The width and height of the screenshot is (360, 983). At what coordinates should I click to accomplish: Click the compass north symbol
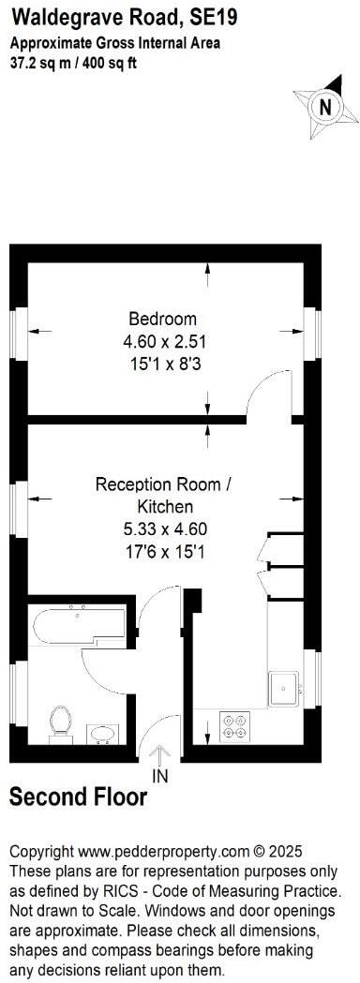325,107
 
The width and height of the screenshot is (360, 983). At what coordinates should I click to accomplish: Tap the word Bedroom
163,318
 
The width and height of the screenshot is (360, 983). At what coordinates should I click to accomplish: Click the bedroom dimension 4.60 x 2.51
163,340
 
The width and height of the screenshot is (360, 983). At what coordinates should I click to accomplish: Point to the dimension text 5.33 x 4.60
162,529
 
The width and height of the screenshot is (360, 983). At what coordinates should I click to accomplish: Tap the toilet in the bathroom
61,722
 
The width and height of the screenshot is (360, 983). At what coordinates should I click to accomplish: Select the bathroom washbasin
103,732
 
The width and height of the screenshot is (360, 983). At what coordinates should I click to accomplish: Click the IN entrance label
160,775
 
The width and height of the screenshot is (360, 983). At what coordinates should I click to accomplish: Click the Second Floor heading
78,797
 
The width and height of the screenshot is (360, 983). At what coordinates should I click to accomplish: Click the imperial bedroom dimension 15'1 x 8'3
163,363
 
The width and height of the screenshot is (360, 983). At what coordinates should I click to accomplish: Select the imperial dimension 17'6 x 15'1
162,552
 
